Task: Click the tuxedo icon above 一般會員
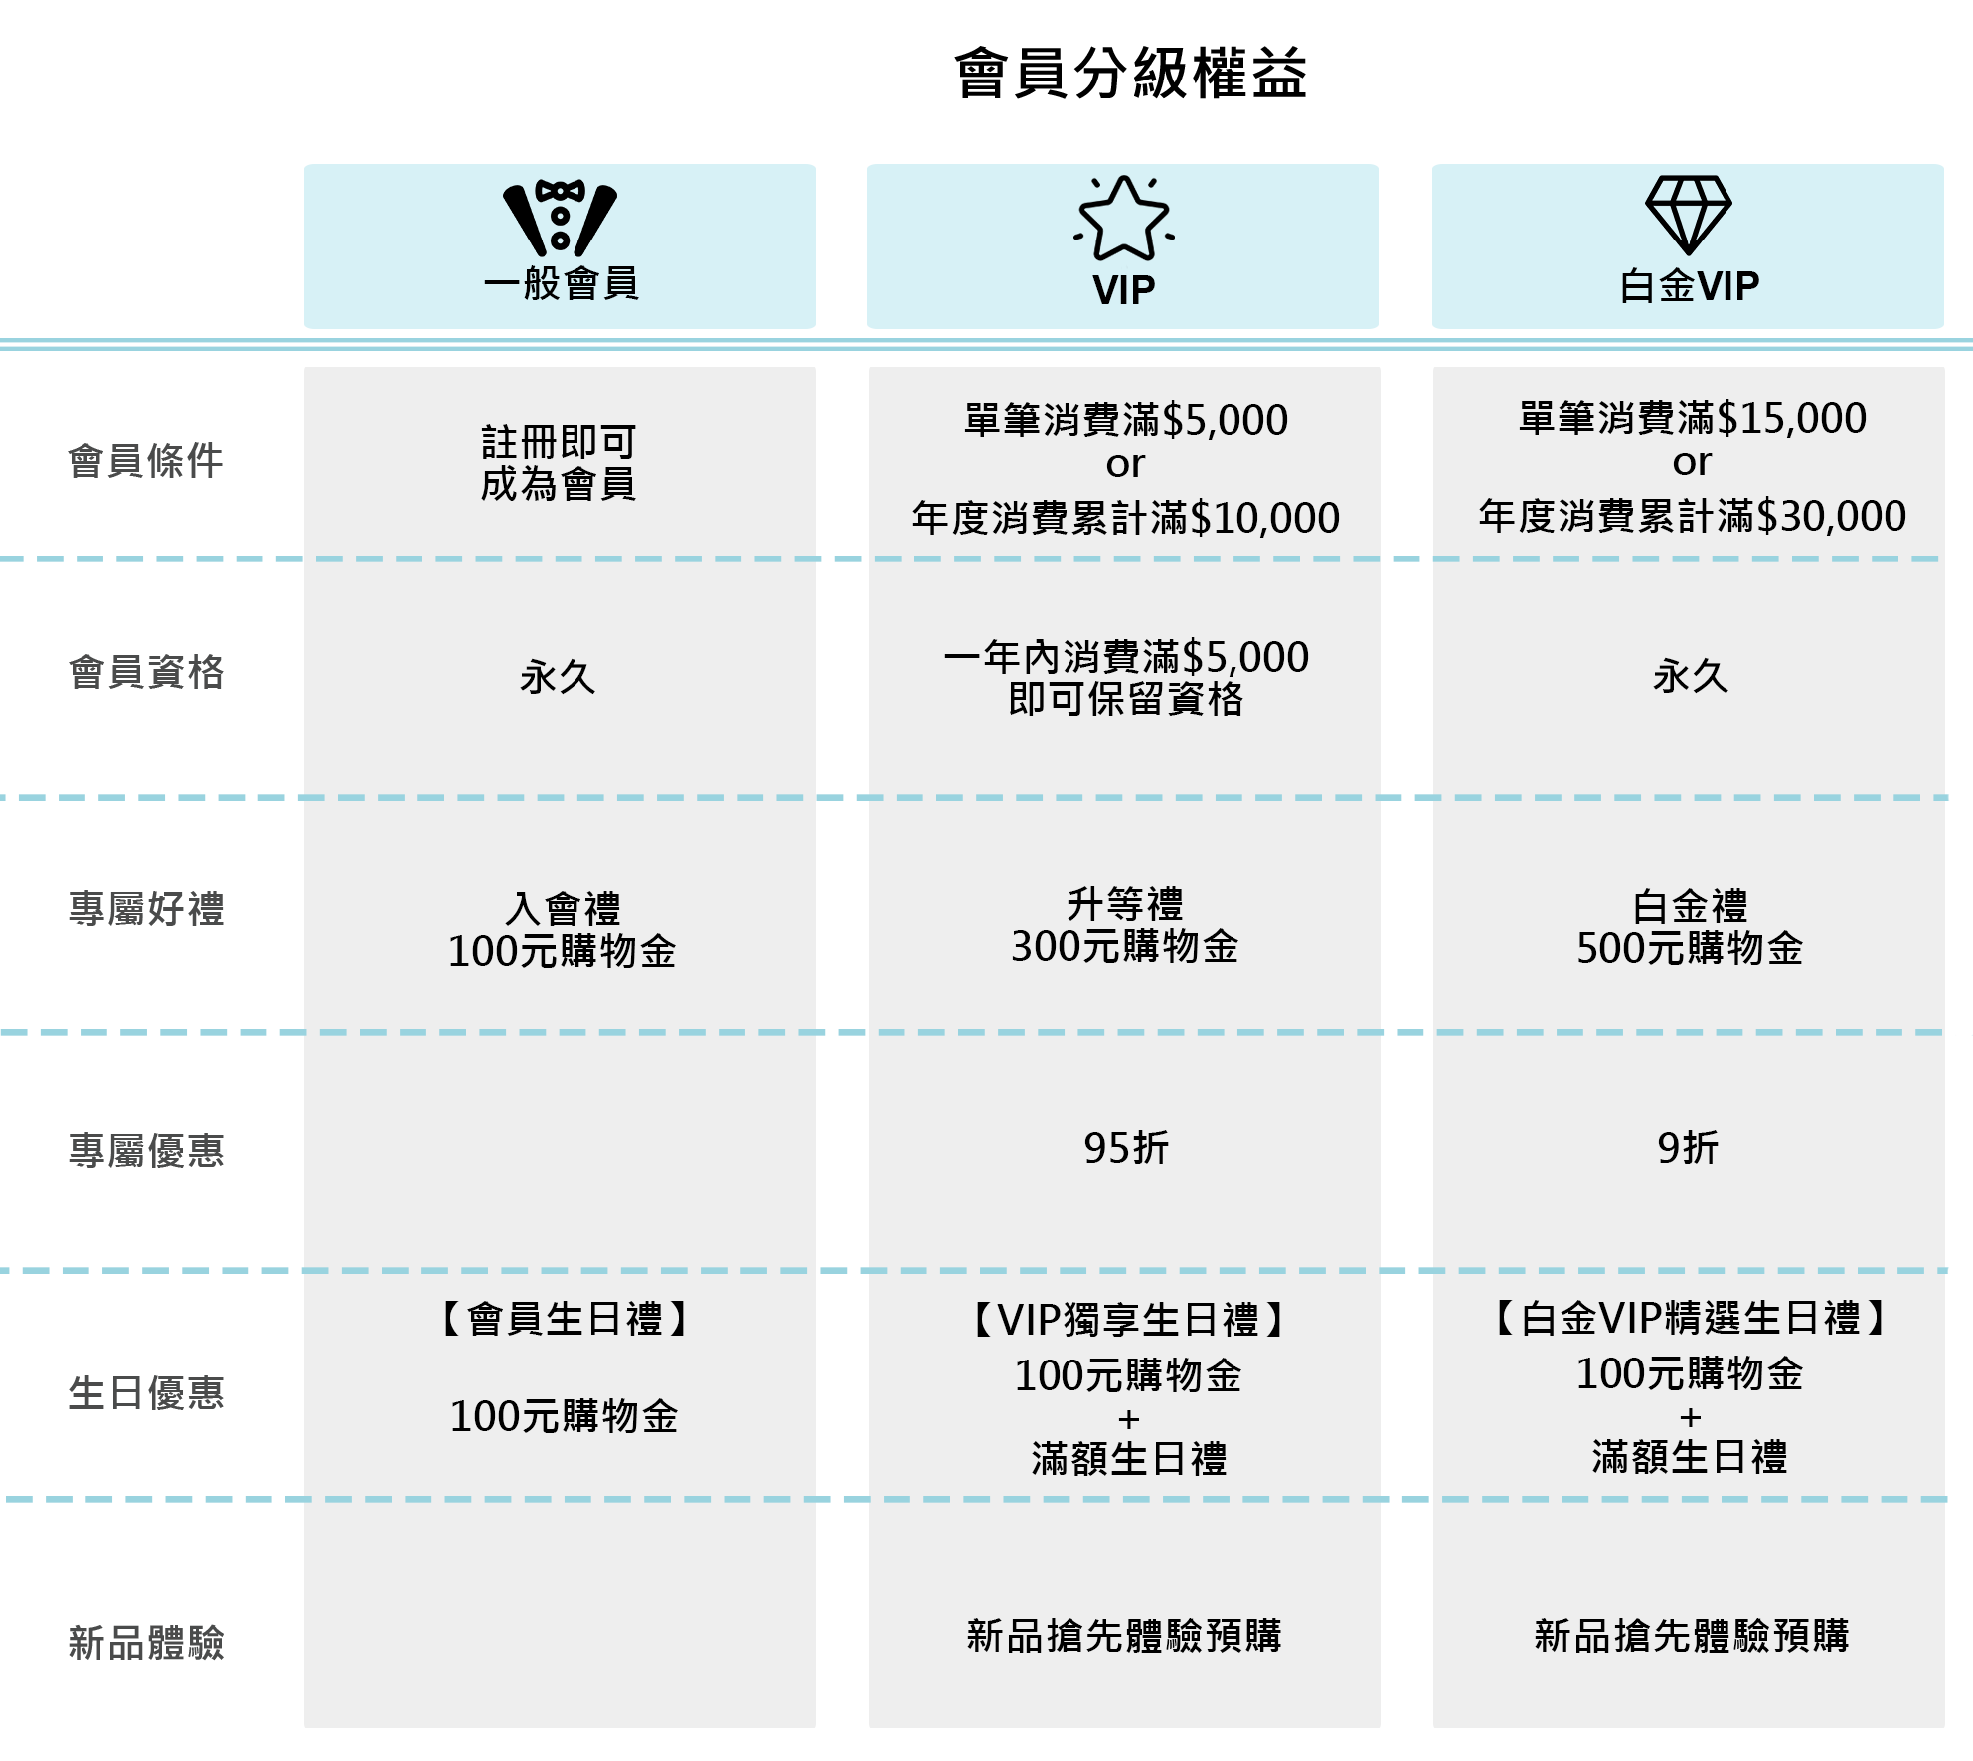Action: pyautogui.click(x=560, y=218)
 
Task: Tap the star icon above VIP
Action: pyautogui.click(x=1123, y=220)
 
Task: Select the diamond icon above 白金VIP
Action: pyautogui.click(x=1688, y=215)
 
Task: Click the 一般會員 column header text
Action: pyautogui.click(x=561, y=284)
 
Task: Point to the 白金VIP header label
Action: pyautogui.click(x=1689, y=286)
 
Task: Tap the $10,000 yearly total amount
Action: pyautogui.click(x=1264, y=519)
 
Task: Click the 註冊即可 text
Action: pyautogui.click(x=559, y=442)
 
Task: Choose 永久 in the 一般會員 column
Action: pyautogui.click(x=558, y=678)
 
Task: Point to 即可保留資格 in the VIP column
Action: pyautogui.click(x=1125, y=700)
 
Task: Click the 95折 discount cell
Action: pyautogui.click(x=1125, y=1149)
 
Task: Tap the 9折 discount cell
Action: pyautogui.click(x=1688, y=1149)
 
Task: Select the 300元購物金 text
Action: pyautogui.click(x=1124, y=947)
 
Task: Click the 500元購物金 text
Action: pyautogui.click(x=1689, y=949)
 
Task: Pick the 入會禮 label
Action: pyautogui.click(x=563, y=909)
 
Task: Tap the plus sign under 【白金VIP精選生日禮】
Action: pyautogui.click(x=1690, y=1417)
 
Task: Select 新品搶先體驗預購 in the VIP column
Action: pyautogui.click(x=1124, y=1636)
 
